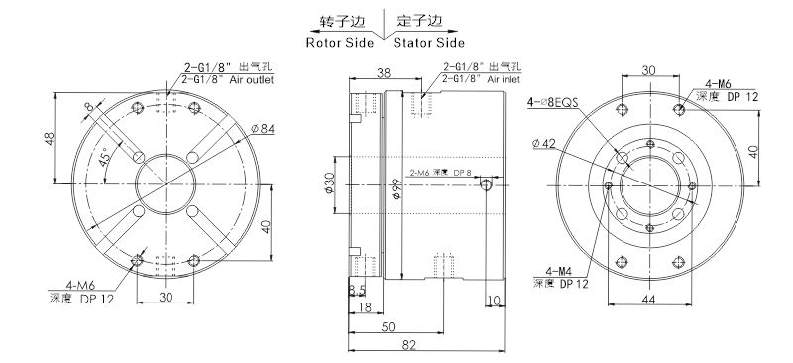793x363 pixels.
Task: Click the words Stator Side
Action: (429, 43)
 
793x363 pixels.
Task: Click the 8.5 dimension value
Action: (357, 290)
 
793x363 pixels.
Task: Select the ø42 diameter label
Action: (544, 144)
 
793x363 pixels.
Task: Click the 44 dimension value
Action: (648, 299)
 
